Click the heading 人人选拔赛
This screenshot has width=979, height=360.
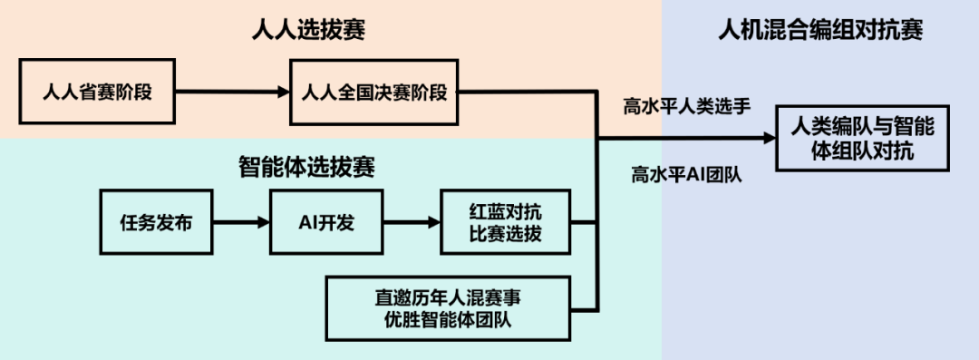[314, 30]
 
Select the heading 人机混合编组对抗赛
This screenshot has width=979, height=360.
[820, 30]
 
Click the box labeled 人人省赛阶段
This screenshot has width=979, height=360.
[97, 92]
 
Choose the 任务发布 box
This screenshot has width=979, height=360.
[156, 222]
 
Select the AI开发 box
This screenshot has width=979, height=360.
[325, 222]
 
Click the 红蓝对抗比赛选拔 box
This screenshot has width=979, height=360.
[505, 222]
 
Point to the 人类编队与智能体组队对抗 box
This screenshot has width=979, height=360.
[863, 138]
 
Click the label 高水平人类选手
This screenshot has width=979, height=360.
[686, 106]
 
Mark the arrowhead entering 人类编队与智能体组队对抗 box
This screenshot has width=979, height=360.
[769, 138]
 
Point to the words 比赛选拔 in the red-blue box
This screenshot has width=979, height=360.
[505, 233]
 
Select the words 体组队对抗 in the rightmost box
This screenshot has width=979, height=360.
[863, 151]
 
